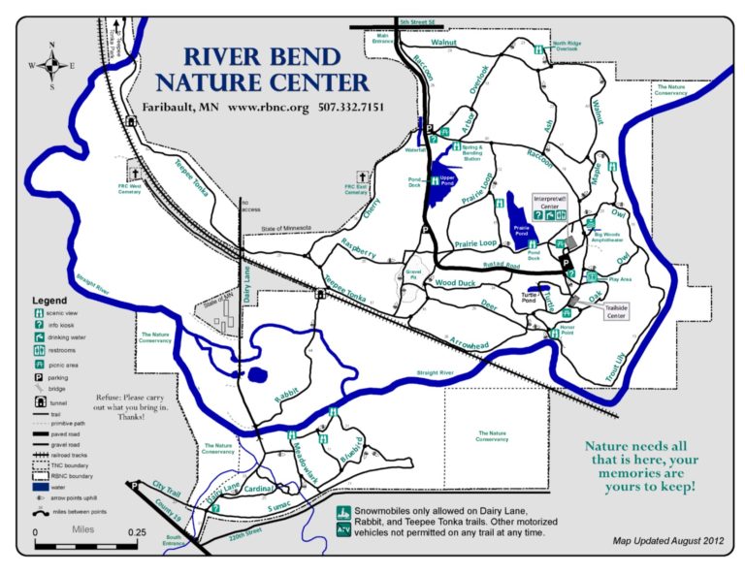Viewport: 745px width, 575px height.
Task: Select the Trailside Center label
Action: (x=616, y=311)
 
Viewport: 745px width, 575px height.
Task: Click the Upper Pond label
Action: (x=447, y=179)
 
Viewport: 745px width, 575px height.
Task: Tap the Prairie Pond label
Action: (x=521, y=230)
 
